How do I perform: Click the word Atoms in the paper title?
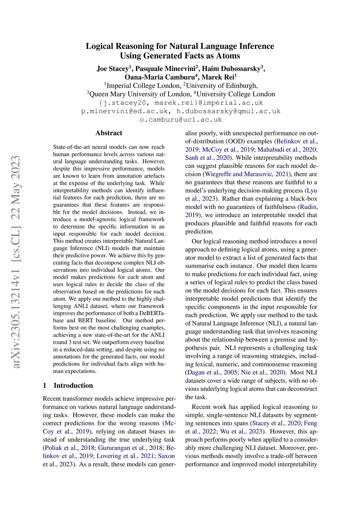point(229,56)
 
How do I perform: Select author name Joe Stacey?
point(112,69)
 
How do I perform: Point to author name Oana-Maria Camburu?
point(160,77)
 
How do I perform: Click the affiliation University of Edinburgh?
point(222,86)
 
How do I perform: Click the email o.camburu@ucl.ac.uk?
point(181,120)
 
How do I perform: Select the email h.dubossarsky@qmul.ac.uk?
point(229,111)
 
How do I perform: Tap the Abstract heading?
point(109,133)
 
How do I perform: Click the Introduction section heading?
point(73,385)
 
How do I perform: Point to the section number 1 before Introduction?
point(45,385)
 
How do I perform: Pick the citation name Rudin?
point(308,207)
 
